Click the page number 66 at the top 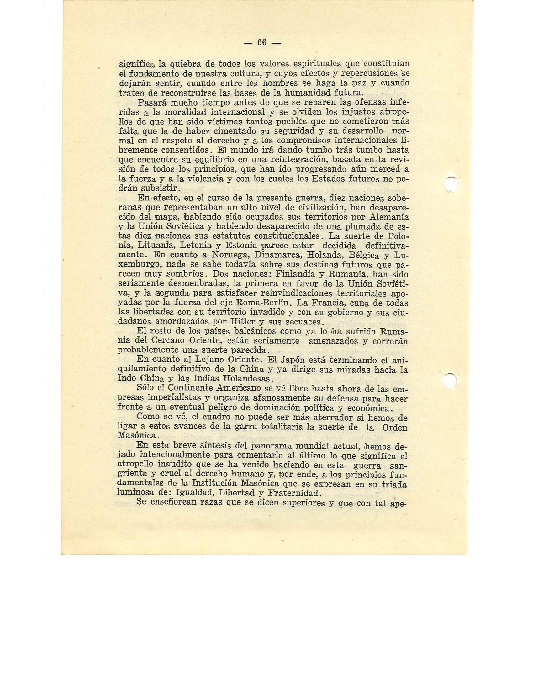[262, 42]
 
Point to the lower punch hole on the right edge [452, 380]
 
